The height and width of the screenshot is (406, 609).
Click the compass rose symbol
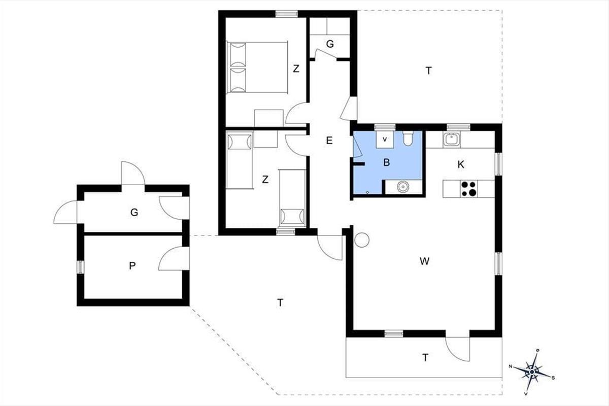coord(532,371)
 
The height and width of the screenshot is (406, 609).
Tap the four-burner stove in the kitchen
coord(469,188)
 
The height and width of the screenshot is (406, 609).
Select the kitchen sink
coord(452,140)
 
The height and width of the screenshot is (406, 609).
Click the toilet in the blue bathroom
coord(408,138)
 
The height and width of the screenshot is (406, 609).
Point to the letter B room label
coord(386,162)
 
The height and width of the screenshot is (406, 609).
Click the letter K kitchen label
coord(461,164)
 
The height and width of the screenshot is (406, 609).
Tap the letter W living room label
coord(424,261)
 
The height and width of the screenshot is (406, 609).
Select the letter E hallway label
coord(329,140)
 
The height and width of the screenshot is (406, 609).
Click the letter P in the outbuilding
coord(132,266)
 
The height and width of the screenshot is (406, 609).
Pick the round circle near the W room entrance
coord(362,240)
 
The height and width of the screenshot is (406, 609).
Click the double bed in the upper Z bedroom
coord(257,67)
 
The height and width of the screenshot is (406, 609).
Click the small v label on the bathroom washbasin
coord(385,139)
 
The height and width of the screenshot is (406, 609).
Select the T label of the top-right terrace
coord(428,71)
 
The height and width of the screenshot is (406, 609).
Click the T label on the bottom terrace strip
coord(425,357)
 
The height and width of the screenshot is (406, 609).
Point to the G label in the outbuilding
coord(134,212)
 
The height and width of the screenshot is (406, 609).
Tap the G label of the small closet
coord(330,44)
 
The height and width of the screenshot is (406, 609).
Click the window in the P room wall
coord(81,267)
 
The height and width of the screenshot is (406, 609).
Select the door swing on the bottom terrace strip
coord(458,349)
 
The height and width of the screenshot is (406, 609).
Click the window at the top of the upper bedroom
coord(287,14)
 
